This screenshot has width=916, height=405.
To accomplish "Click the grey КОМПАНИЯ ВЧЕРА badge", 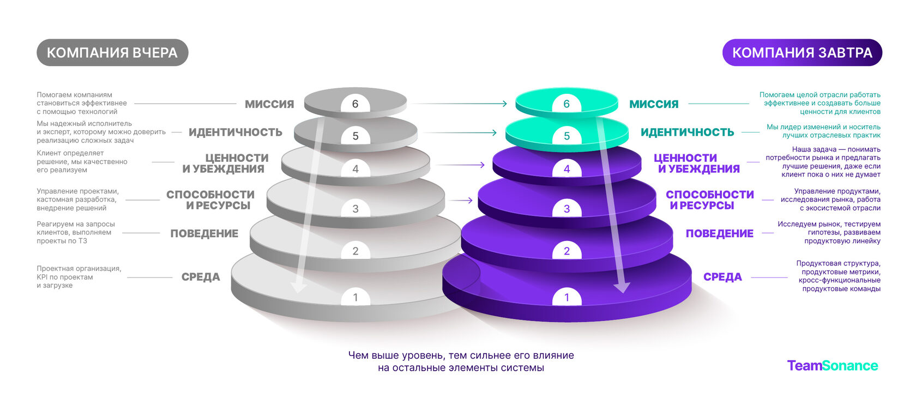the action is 112,52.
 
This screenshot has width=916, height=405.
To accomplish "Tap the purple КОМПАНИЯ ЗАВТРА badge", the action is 802,52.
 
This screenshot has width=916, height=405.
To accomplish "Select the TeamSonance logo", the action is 833,365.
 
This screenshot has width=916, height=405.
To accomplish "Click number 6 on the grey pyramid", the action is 355,104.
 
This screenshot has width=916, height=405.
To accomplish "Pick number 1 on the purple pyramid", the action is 567,298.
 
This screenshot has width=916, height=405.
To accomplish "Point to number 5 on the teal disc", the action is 567,136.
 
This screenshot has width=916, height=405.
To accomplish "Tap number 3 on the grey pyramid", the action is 355,209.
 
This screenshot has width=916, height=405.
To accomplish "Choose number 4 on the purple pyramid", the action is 567,169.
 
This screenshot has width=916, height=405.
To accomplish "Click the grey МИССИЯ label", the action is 269,104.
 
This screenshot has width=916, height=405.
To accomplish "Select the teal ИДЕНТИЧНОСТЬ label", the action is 688,132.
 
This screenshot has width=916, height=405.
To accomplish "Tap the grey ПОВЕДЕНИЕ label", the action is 204,233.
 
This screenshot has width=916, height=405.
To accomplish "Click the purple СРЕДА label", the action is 722,277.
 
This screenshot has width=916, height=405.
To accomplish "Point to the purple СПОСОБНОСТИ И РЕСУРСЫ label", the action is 710,200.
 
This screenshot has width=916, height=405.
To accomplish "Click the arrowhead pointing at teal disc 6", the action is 505,104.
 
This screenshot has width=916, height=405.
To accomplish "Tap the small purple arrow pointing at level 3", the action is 460,200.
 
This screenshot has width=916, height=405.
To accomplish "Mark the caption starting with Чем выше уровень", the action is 461,362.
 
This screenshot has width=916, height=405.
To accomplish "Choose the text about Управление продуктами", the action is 830,200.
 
